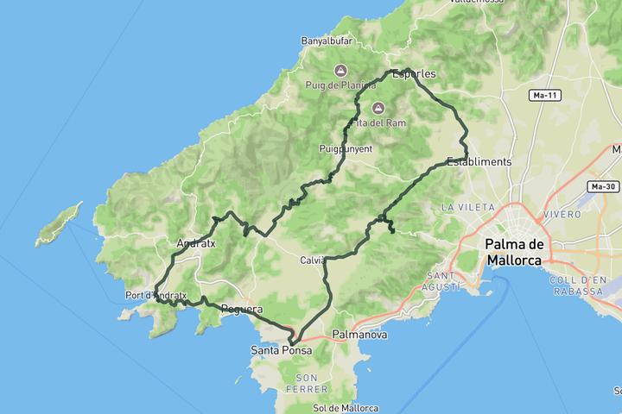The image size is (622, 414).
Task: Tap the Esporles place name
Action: [x=414, y=74]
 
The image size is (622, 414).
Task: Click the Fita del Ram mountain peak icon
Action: [x=378, y=108]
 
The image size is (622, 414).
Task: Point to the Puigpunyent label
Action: [x=345, y=149]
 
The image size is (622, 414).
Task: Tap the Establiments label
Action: [x=479, y=161]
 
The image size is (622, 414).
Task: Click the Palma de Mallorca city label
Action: [x=513, y=251]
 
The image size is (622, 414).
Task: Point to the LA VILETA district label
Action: [x=467, y=207]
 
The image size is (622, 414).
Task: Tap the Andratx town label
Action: [x=195, y=243]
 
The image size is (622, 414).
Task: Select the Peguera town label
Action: [x=241, y=309]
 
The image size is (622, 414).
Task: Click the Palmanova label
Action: [x=359, y=335]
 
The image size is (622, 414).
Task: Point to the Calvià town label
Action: [x=313, y=260]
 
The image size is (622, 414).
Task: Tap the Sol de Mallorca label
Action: [x=345, y=408]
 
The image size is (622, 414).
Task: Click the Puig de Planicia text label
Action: [x=340, y=85]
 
